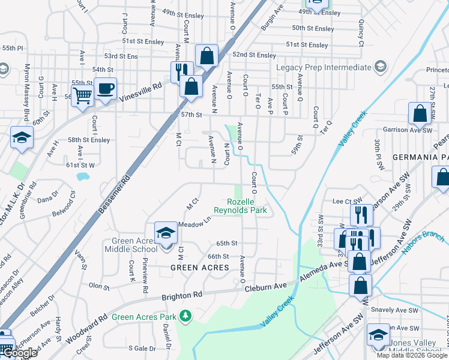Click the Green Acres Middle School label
[x=131, y=245]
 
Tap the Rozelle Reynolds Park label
[x=240, y=206]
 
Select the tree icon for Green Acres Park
[x=186, y=315]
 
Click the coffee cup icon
[x=106, y=89]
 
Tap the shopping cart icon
[x=82, y=94]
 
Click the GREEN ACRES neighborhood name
[x=200, y=267]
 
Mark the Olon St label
[x=98, y=286]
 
